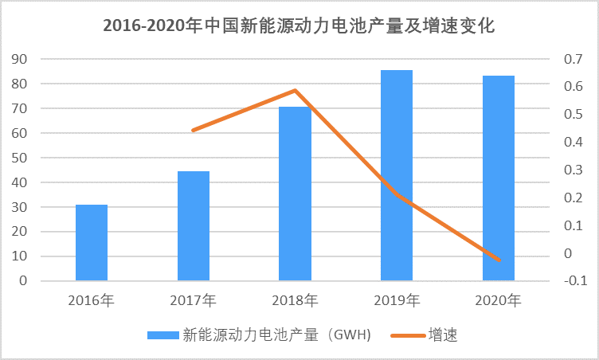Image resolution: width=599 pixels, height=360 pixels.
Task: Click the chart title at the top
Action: (299, 25)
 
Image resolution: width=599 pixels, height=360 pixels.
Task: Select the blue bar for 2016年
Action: (92, 243)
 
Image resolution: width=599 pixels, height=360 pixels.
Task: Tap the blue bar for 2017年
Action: (194, 226)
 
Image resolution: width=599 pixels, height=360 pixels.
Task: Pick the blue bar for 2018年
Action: (295, 194)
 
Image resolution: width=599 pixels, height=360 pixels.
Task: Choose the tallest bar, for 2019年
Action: (397, 175)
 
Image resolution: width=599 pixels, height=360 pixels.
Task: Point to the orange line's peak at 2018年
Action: (295, 90)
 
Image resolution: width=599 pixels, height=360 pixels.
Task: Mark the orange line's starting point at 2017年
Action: (194, 130)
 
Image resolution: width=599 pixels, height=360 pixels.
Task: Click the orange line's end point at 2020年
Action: (499, 260)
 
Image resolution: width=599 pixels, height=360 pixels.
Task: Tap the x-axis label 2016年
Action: (92, 301)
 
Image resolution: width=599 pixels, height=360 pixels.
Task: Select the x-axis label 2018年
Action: (295, 301)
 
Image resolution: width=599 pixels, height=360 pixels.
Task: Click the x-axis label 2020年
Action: (499, 301)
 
